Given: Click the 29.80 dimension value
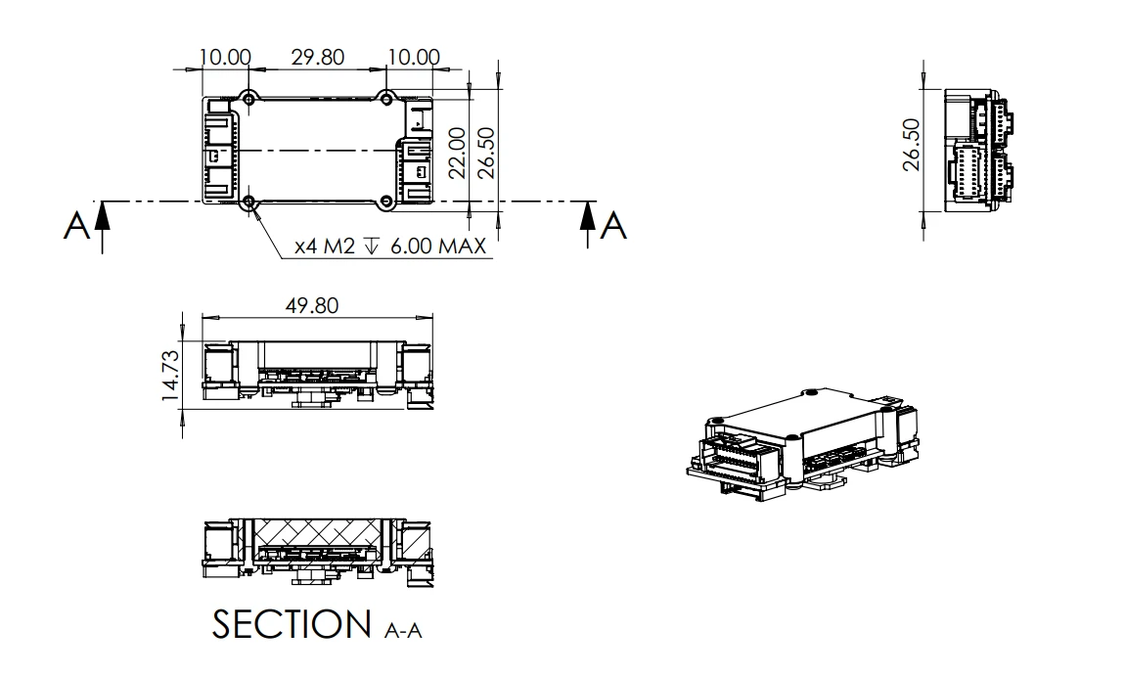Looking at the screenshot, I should [318, 57].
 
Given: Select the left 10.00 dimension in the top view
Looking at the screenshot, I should [226, 57].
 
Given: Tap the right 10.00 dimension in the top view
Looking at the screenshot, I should [413, 57].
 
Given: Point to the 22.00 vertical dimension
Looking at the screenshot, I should [455, 152].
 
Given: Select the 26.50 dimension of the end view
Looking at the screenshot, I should [912, 146].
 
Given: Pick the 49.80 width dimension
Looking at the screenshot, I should [312, 306].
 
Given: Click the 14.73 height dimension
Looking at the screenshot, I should [171, 376].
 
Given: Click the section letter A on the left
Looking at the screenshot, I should [75, 226].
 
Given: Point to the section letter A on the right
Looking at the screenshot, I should [613, 226].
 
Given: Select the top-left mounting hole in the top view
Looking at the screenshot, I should [249, 98].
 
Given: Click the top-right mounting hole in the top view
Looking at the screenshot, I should [387, 98].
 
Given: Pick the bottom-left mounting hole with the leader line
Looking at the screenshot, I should [249, 202].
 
